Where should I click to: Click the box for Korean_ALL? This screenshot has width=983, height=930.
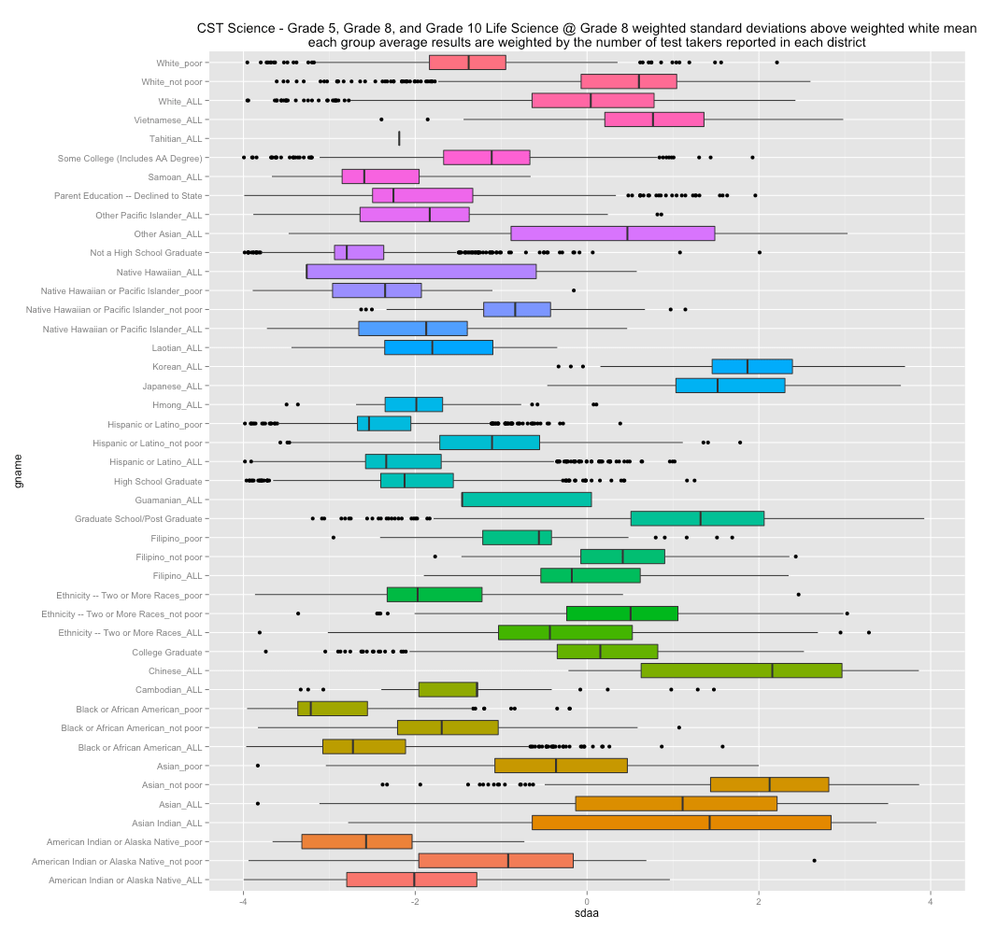point(751,366)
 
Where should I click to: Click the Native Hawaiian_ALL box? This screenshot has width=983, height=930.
point(421,272)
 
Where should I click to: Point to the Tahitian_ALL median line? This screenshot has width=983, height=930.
point(399,138)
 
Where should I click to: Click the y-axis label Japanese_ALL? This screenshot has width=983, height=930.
point(172,386)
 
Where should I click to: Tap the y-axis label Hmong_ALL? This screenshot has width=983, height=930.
point(177,405)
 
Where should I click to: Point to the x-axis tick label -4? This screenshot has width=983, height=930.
point(243,901)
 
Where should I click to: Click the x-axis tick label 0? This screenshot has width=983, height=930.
point(587,901)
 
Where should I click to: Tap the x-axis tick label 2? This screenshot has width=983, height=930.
point(759,901)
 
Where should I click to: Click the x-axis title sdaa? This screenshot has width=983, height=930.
point(587,917)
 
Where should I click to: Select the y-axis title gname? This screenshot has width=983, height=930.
point(12,471)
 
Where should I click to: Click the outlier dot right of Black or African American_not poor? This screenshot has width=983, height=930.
point(679,727)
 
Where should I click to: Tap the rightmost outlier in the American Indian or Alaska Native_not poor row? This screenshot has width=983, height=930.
point(814,860)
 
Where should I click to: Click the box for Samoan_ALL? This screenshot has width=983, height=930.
point(380,176)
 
